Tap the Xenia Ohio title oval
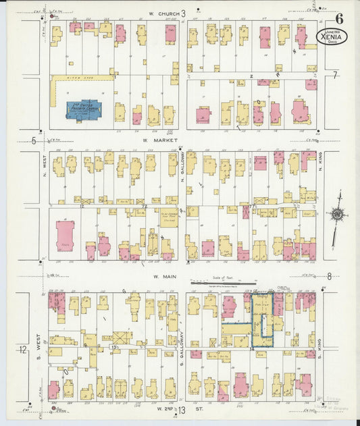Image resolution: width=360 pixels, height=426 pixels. click(332, 36)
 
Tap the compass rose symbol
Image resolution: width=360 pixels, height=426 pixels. click(336, 213)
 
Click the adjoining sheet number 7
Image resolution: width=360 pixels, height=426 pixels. click(334, 73)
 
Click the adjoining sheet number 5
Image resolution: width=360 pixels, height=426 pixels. click(34, 140)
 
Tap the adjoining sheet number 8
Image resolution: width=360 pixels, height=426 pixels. click(330, 275)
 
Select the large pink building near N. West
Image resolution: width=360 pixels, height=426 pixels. click(66, 234)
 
